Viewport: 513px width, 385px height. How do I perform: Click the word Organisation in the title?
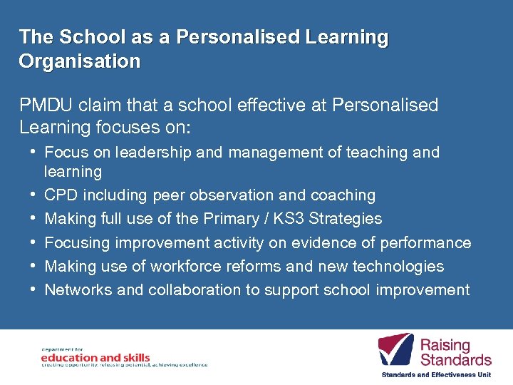coord(80,61)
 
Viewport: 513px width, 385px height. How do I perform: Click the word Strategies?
coord(345,219)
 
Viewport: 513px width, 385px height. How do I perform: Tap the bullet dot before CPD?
coord(33,194)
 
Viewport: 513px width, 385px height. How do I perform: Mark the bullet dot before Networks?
coord(33,289)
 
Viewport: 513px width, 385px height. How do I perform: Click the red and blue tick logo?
coord(395,349)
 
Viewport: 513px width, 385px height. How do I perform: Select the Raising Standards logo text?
coord(455,352)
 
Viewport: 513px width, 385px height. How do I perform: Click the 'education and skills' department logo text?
coord(95,357)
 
